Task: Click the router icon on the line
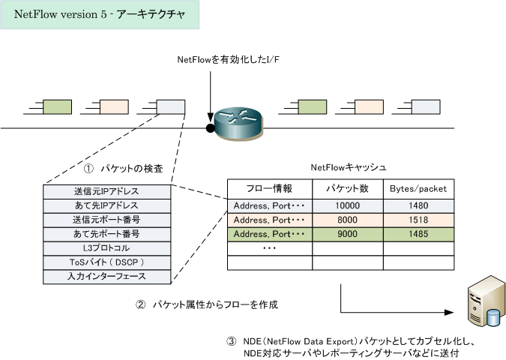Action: click(239, 124)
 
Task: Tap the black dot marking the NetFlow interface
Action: click(211, 128)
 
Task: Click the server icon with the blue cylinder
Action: click(487, 301)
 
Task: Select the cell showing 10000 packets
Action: click(348, 205)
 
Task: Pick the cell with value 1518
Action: click(418, 220)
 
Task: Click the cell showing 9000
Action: click(348, 234)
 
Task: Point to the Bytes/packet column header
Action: click(418, 189)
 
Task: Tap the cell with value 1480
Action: click(418, 205)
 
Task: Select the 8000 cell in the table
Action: click(348, 220)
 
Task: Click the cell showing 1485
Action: click(418, 234)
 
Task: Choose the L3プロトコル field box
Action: click(106, 248)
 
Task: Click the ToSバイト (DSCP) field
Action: click(106, 262)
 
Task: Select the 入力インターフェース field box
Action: click(106, 277)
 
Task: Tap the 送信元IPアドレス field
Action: click(106, 192)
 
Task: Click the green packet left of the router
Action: click(57, 106)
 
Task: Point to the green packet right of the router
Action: click(313, 106)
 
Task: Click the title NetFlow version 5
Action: click(61, 14)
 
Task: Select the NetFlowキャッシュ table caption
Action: click(349, 167)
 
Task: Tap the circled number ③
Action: click(232, 341)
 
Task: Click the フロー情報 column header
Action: click(269, 188)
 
